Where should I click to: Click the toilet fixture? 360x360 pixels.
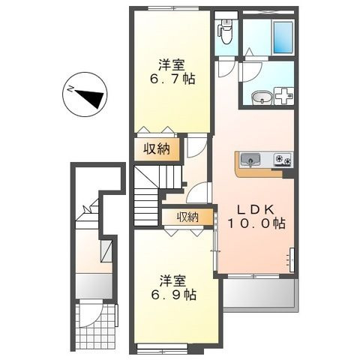tap(226, 32)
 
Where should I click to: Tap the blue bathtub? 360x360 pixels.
tap(283, 37)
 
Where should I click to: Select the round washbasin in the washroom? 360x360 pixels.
tap(262, 97)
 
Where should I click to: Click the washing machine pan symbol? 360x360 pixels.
tap(284, 96)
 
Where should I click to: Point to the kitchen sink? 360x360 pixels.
tap(250, 160)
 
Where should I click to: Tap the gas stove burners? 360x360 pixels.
tap(283, 159)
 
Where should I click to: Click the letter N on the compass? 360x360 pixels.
tap(70, 88)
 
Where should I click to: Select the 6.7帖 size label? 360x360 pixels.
tap(172, 79)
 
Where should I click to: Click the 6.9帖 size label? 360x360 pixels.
tap(173, 295)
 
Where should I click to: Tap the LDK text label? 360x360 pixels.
tap(256, 210)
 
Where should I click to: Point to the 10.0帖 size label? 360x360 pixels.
tap(256, 223)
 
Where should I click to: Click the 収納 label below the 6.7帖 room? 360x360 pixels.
tap(157, 149)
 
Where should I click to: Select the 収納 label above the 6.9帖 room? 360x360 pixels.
tap(188, 217)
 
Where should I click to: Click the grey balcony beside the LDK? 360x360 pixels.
tap(259, 293)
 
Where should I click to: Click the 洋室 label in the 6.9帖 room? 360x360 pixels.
tap(173, 281)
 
